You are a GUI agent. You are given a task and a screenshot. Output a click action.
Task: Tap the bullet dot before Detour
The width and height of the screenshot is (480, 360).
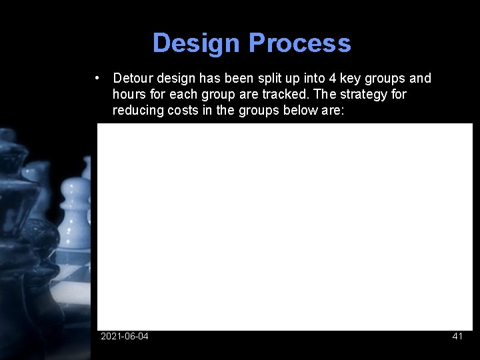(98, 78)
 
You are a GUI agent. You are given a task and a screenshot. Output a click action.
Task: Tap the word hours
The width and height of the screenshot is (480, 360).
(129, 94)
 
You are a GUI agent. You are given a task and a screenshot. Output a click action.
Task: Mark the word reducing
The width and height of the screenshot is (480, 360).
(137, 110)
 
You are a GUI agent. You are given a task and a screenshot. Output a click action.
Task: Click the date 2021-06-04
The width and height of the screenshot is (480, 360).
(125, 336)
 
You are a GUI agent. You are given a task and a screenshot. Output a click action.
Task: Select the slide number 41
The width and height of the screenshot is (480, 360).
(457, 336)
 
